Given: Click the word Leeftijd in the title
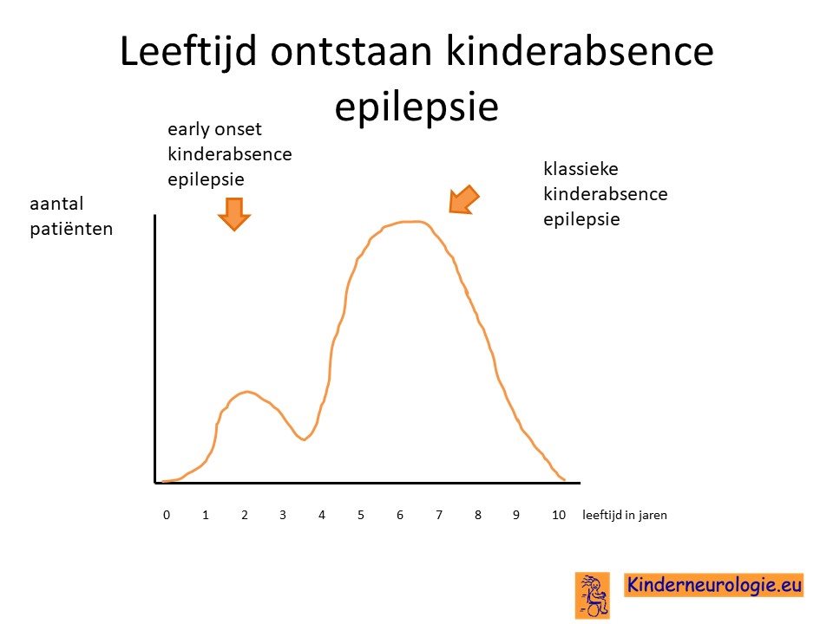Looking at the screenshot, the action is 188,52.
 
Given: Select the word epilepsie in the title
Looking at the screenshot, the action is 416,107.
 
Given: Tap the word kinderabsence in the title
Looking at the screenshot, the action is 580,51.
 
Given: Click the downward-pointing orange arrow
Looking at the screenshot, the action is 234,214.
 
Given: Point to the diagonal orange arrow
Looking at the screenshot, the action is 463,200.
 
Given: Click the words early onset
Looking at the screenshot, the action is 214,129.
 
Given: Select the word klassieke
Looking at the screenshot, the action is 580,169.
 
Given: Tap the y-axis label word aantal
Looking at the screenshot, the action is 57,203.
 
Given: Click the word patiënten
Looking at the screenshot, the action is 71,229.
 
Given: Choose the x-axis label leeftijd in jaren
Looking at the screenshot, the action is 625,515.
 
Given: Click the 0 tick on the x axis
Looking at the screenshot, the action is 167,515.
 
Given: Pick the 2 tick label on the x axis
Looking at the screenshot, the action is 245,515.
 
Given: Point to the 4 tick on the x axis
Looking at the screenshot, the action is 321,515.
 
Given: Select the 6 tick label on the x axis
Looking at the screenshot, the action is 400,515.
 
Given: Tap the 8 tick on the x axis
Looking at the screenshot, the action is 478,515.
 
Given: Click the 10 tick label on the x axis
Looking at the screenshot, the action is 559,515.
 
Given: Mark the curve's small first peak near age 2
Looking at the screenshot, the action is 246,392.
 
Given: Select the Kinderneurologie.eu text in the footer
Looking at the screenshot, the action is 714,585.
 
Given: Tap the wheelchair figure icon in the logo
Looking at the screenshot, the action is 593,595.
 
